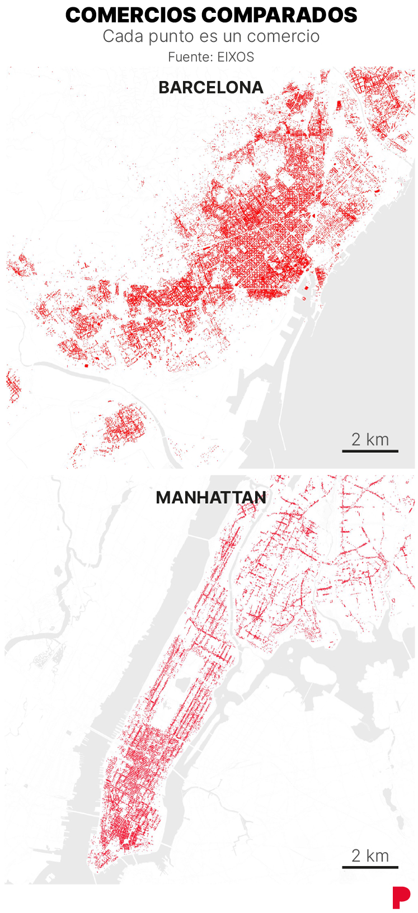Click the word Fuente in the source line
tap(189, 57)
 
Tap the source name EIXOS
tap(236, 57)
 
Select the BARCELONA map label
tap(211, 88)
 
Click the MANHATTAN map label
tap(211, 498)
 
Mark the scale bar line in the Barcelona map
tap(370, 451)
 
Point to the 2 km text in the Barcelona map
tap(370, 439)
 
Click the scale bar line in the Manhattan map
tap(370, 867)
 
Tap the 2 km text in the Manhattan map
tap(370, 856)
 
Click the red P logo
tap(401, 897)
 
